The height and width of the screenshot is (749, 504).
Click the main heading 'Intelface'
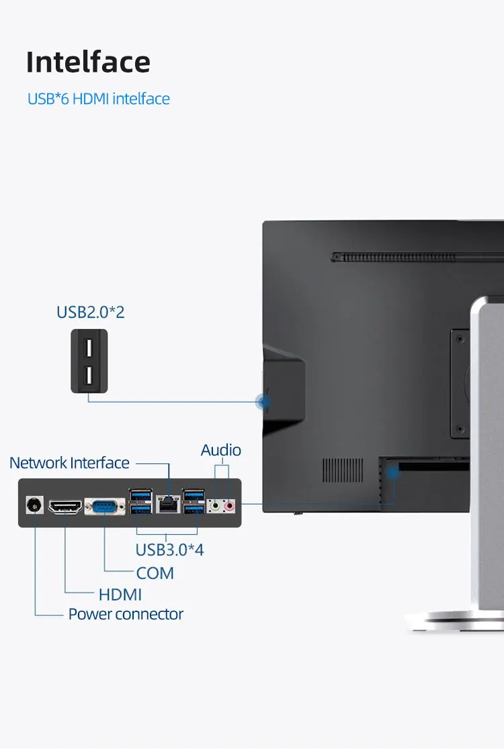[88, 62]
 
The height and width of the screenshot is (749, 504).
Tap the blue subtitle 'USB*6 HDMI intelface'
[99, 99]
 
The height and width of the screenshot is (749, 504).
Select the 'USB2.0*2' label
[91, 312]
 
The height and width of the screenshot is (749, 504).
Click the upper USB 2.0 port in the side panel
[89, 349]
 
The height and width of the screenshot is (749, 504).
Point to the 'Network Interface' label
[69, 463]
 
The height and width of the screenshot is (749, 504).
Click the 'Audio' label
[221, 450]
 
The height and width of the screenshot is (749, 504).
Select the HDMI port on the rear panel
[65, 506]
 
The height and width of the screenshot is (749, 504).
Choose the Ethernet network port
[167, 504]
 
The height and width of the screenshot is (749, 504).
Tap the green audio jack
[216, 505]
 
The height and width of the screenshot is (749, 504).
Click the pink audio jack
[230, 505]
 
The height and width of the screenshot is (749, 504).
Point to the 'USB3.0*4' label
[169, 549]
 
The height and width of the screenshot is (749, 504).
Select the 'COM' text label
[155, 573]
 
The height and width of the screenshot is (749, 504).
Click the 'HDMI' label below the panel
[120, 594]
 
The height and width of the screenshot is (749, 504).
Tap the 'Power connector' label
[126, 614]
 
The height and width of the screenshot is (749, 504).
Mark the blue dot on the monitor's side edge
[264, 402]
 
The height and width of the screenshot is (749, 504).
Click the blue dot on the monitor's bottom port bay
[393, 472]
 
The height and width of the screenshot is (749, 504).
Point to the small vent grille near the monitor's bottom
[343, 470]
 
